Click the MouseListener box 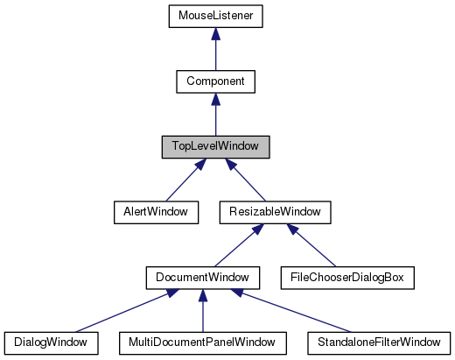(215, 16)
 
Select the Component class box (215, 81)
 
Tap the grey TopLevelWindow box (215, 146)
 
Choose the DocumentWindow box (202, 278)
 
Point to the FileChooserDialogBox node (345, 278)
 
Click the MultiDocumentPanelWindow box (202, 342)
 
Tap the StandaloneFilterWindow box (377, 342)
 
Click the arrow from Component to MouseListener (215, 53)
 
